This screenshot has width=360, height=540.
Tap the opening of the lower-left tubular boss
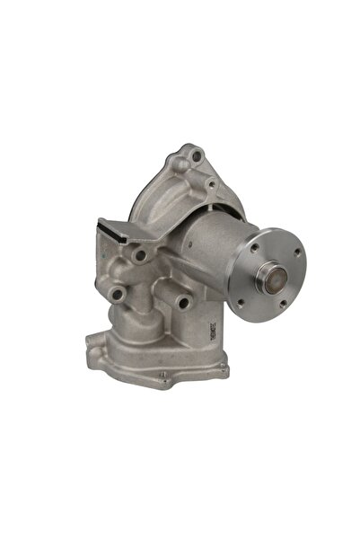(117, 294)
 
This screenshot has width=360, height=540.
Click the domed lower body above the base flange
(162, 337)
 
